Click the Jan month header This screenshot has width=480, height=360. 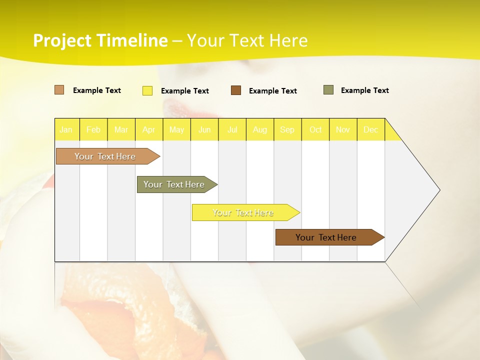[66, 129]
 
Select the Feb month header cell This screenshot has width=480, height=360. [93, 129]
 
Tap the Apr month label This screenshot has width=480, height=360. [148, 129]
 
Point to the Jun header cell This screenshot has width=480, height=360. [204, 129]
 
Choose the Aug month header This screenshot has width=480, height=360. [260, 129]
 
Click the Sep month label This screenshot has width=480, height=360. [287, 129]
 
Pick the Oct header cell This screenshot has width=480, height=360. [315, 129]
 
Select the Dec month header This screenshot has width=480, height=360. [370, 129]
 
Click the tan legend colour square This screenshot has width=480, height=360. [59, 90]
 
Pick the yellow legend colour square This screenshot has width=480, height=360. [147, 90]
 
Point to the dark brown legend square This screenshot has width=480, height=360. [236, 90]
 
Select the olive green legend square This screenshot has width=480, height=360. [328, 90]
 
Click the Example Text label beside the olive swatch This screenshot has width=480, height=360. [364, 90]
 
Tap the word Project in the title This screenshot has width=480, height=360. [62, 41]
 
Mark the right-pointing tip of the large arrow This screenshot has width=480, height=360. [439, 190]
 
